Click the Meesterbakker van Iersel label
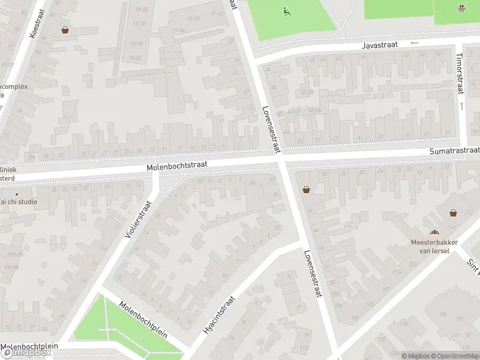(x=434, y=246)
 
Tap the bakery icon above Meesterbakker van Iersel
(x=434, y=233)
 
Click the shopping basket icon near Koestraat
(x=65, y=29)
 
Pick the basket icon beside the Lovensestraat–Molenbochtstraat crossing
(x=307, y=190)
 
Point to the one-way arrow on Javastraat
(x=414, y=43)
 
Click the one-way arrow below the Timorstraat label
(x=461, y=106)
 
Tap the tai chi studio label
(x=19, y=202)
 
